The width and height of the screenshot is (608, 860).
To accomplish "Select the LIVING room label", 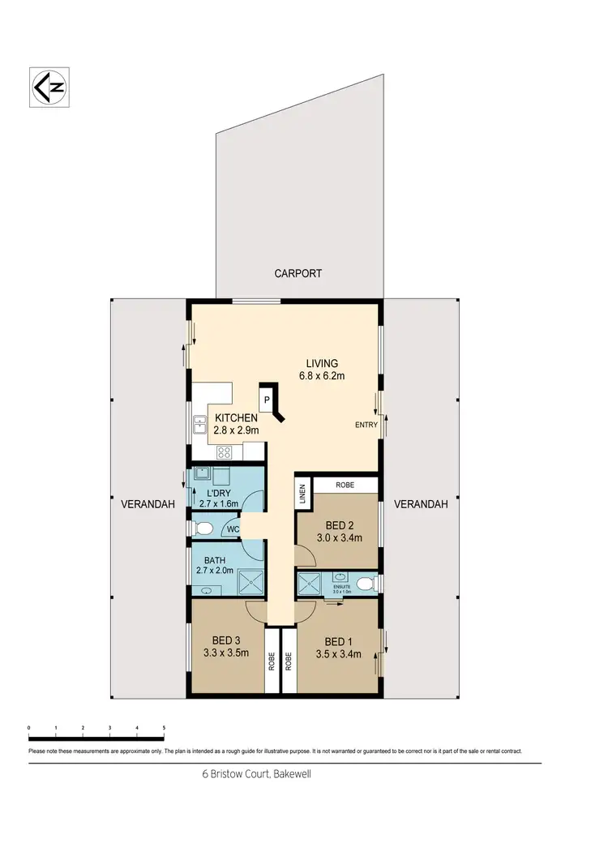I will coord(322,363).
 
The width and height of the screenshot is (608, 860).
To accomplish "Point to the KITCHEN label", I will coord(236,418).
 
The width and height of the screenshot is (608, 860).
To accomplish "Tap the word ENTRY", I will coord(366,425).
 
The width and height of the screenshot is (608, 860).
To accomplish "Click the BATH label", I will coord(214,559).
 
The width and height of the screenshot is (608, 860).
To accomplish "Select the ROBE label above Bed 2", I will coord(345,486).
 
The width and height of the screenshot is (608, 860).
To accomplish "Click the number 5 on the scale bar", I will coord(164,728).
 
